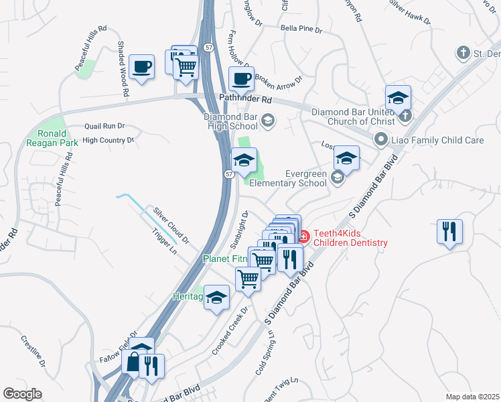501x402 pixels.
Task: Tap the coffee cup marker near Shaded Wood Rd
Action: coord(141,67)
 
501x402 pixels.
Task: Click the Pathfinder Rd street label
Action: coord(246,99)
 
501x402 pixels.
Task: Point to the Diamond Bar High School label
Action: coord(231,121)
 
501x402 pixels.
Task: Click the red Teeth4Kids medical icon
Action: coord(303,237)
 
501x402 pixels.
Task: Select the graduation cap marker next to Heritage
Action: coord(217,297)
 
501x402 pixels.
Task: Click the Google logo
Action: coord(22,394)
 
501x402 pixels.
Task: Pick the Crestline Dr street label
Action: coord(32,351)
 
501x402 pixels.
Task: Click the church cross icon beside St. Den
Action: coord(462,52)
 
